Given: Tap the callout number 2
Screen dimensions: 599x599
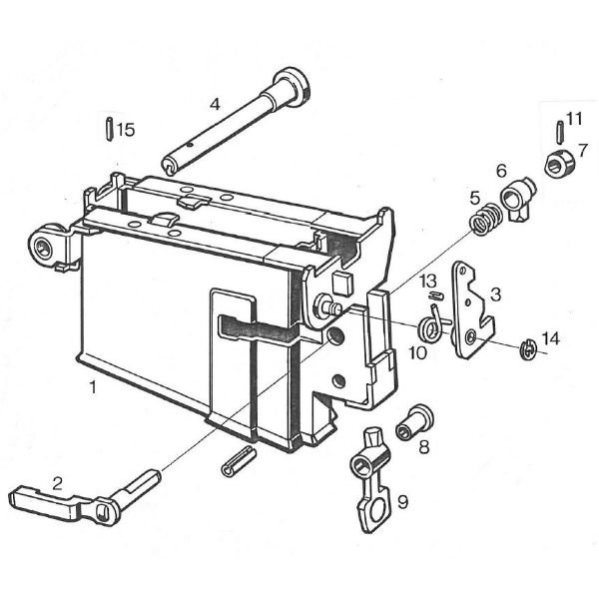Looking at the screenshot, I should click(x=58, y=483).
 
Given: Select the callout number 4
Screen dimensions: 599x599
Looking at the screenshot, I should click(x=215, y=103).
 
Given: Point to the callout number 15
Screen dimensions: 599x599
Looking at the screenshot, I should click(x=125, y=130).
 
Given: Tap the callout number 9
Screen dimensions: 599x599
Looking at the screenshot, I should click(x=403, y=501).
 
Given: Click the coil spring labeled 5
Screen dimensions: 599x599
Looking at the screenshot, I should click(x=484, y=220).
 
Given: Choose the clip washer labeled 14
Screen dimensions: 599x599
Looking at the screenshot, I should click(x=527, y=347).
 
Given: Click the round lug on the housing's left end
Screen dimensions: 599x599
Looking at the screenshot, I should click(x=46, y=247).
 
